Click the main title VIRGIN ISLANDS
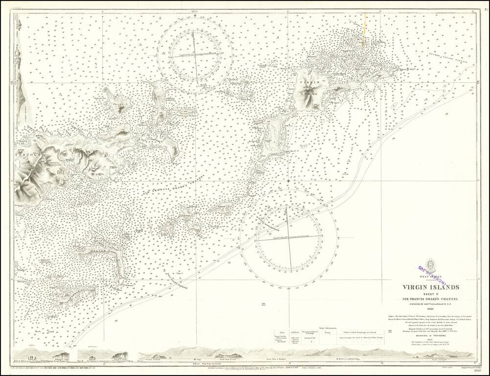tap(430, 287)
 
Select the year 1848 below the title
tap(430, 308)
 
